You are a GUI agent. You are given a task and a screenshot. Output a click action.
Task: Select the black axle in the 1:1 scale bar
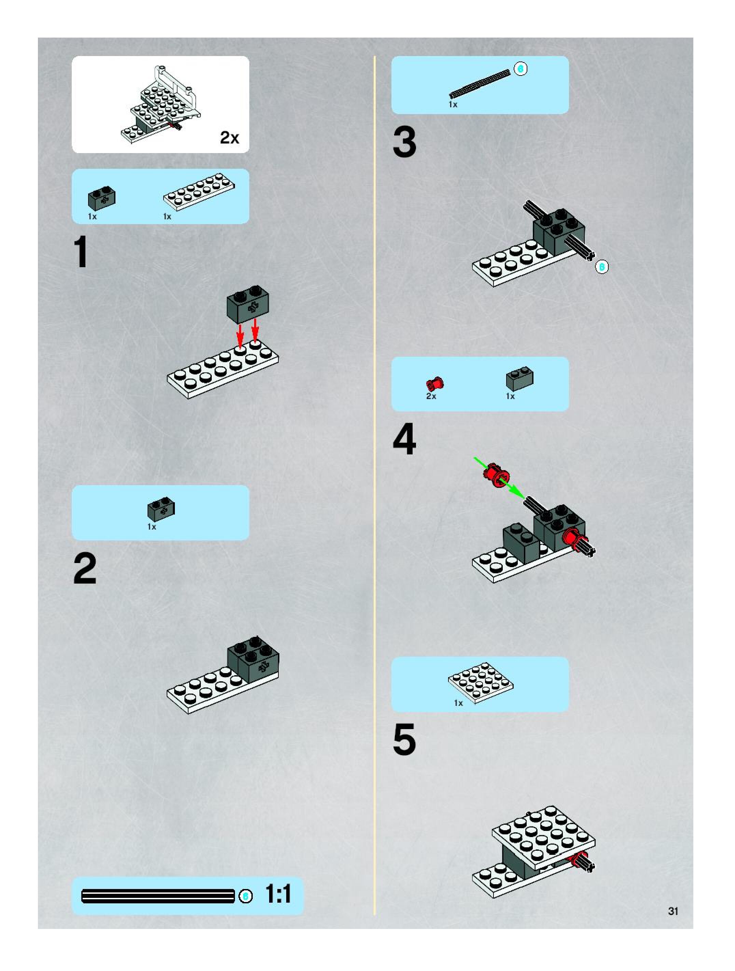tap(158, 896)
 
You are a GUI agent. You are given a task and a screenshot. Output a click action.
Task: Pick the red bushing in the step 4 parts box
tap(434, 384)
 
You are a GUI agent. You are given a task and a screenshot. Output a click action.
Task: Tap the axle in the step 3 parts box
tap(480, 83)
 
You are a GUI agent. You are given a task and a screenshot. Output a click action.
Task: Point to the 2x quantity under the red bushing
tap(431, 396)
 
